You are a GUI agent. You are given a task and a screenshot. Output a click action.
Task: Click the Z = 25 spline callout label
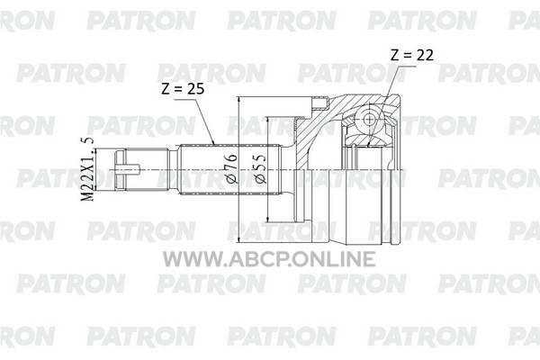(183, 89)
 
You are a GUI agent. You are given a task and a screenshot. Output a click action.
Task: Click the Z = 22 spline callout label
(412, 55)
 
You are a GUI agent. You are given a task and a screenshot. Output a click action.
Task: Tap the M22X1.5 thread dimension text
(86, 169)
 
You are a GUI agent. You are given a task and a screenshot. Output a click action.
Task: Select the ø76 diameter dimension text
(232, 168)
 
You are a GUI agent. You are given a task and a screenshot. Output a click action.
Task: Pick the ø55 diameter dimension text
(260, 168)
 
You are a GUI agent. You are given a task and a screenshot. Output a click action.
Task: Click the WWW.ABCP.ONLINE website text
(269, 258)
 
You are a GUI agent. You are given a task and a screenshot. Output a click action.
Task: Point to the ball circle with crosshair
(369, 119)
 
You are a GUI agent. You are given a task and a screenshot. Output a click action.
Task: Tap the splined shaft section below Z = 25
(230, 169)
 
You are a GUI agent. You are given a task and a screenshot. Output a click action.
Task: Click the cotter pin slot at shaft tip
(128, 170)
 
